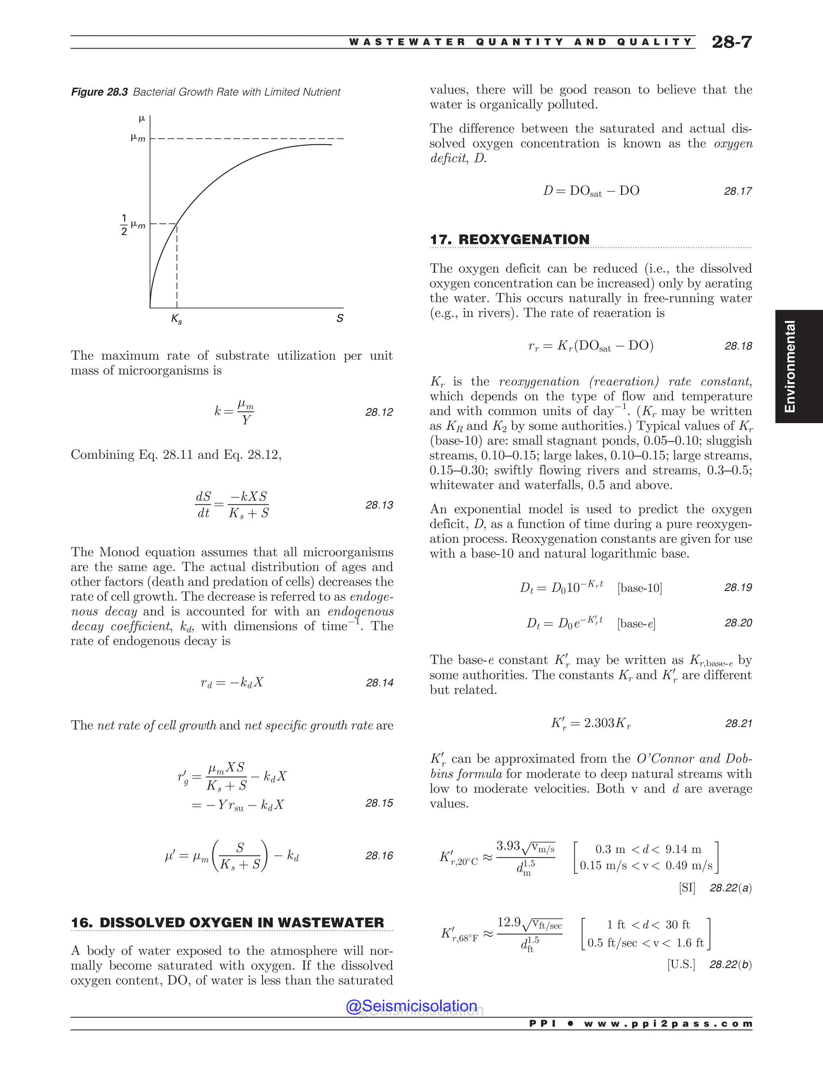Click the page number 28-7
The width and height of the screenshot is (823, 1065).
731,42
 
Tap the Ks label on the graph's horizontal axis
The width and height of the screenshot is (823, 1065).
176,319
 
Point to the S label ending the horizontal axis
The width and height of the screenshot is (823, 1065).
340,318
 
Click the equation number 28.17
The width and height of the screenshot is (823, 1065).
738,191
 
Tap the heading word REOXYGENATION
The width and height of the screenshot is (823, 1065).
524,240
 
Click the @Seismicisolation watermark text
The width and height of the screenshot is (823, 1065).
411,1006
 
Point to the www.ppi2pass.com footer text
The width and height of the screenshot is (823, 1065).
668,1024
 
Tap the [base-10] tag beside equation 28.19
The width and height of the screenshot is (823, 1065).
639,588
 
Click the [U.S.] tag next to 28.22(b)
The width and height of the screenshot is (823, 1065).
681,965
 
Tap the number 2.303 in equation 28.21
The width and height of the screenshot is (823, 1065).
599,723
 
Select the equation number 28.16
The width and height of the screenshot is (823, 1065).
379,856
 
